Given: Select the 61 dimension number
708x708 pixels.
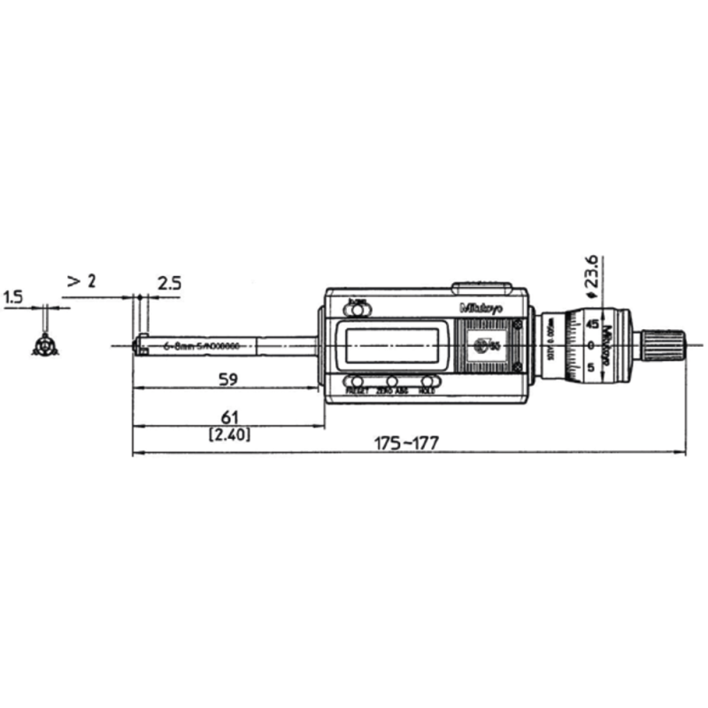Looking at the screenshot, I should click(x=228, y=417).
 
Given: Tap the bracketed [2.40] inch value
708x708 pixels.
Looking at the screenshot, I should click(x=228, y=435).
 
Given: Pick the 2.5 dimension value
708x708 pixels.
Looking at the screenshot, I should click(x=169, y=283).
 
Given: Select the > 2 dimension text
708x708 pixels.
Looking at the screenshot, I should click(x=81, y=281).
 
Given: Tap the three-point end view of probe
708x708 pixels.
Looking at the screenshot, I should click(x=42, y=345).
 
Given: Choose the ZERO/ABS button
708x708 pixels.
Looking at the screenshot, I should click(x=392, y=381).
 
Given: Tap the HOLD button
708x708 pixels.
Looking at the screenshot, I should click(x=427, y=381).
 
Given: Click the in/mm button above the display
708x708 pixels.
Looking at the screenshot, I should click(x=359, y=309).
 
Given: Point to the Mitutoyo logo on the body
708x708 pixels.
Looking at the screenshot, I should click(x=481, y=308).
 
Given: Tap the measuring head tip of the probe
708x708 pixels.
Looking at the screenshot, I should click(x=139, y=344).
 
